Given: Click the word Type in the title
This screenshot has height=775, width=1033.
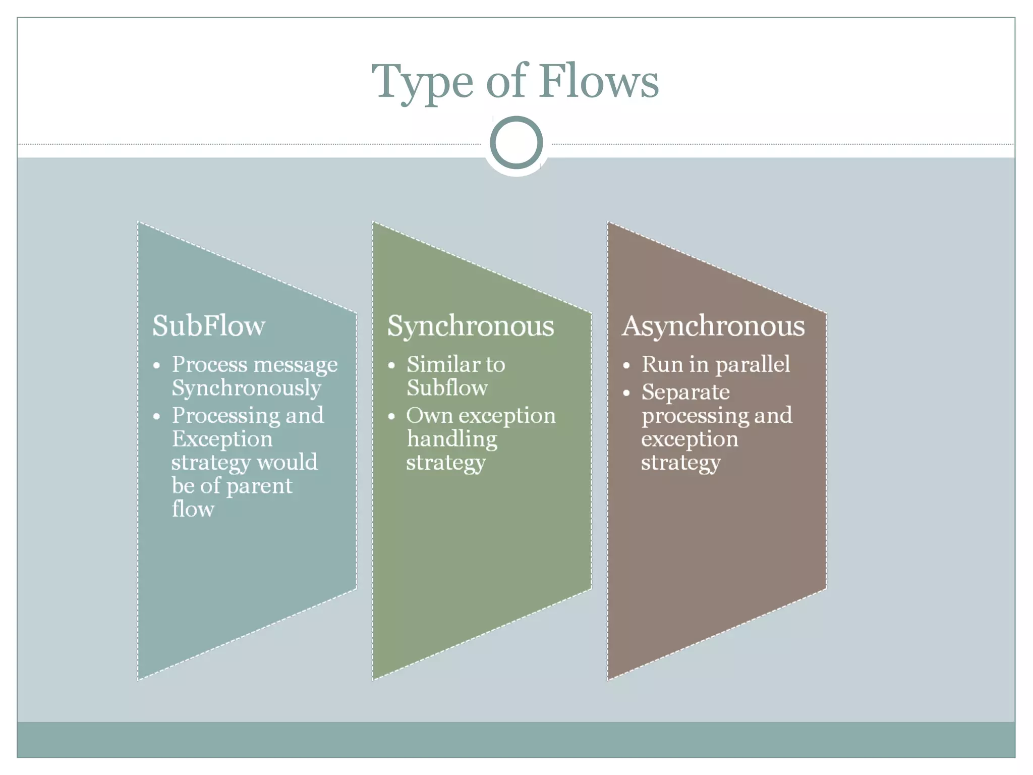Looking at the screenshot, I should (x=423, y=82).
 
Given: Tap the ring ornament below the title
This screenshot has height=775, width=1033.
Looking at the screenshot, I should (x=516, y=142).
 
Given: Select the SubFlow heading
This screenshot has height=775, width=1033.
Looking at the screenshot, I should (x=208, y=325).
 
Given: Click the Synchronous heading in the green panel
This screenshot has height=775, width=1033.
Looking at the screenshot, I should (x=470, y=326).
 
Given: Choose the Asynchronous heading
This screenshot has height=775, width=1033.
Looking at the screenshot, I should (x=713, y=326).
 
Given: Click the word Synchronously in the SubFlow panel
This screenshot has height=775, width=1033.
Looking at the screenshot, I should (x=246, y=388).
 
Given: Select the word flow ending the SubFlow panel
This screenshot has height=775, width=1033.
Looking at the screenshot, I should (x=193, y=509).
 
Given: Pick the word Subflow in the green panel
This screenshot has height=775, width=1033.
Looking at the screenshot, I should (x=447, y=388).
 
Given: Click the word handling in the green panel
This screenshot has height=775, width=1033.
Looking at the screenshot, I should (x=452, y=439).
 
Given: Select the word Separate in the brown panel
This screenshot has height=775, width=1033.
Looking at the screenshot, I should (x=685, y=392).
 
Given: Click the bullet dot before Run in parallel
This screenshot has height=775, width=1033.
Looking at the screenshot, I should (x=626, y=365).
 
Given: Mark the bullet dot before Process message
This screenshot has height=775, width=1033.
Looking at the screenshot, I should (x=157, y=365).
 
